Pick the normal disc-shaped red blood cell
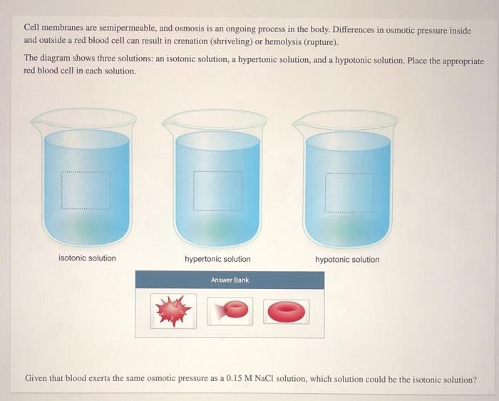pos(286,311)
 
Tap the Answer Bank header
pos(230,280)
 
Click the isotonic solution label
pos(87,258)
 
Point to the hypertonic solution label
pos(217,259)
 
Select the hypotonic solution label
pos(347,260)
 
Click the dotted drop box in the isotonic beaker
pos(86,189)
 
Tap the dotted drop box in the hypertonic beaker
pos(217,191)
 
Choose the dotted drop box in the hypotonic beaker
pos(349,193)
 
